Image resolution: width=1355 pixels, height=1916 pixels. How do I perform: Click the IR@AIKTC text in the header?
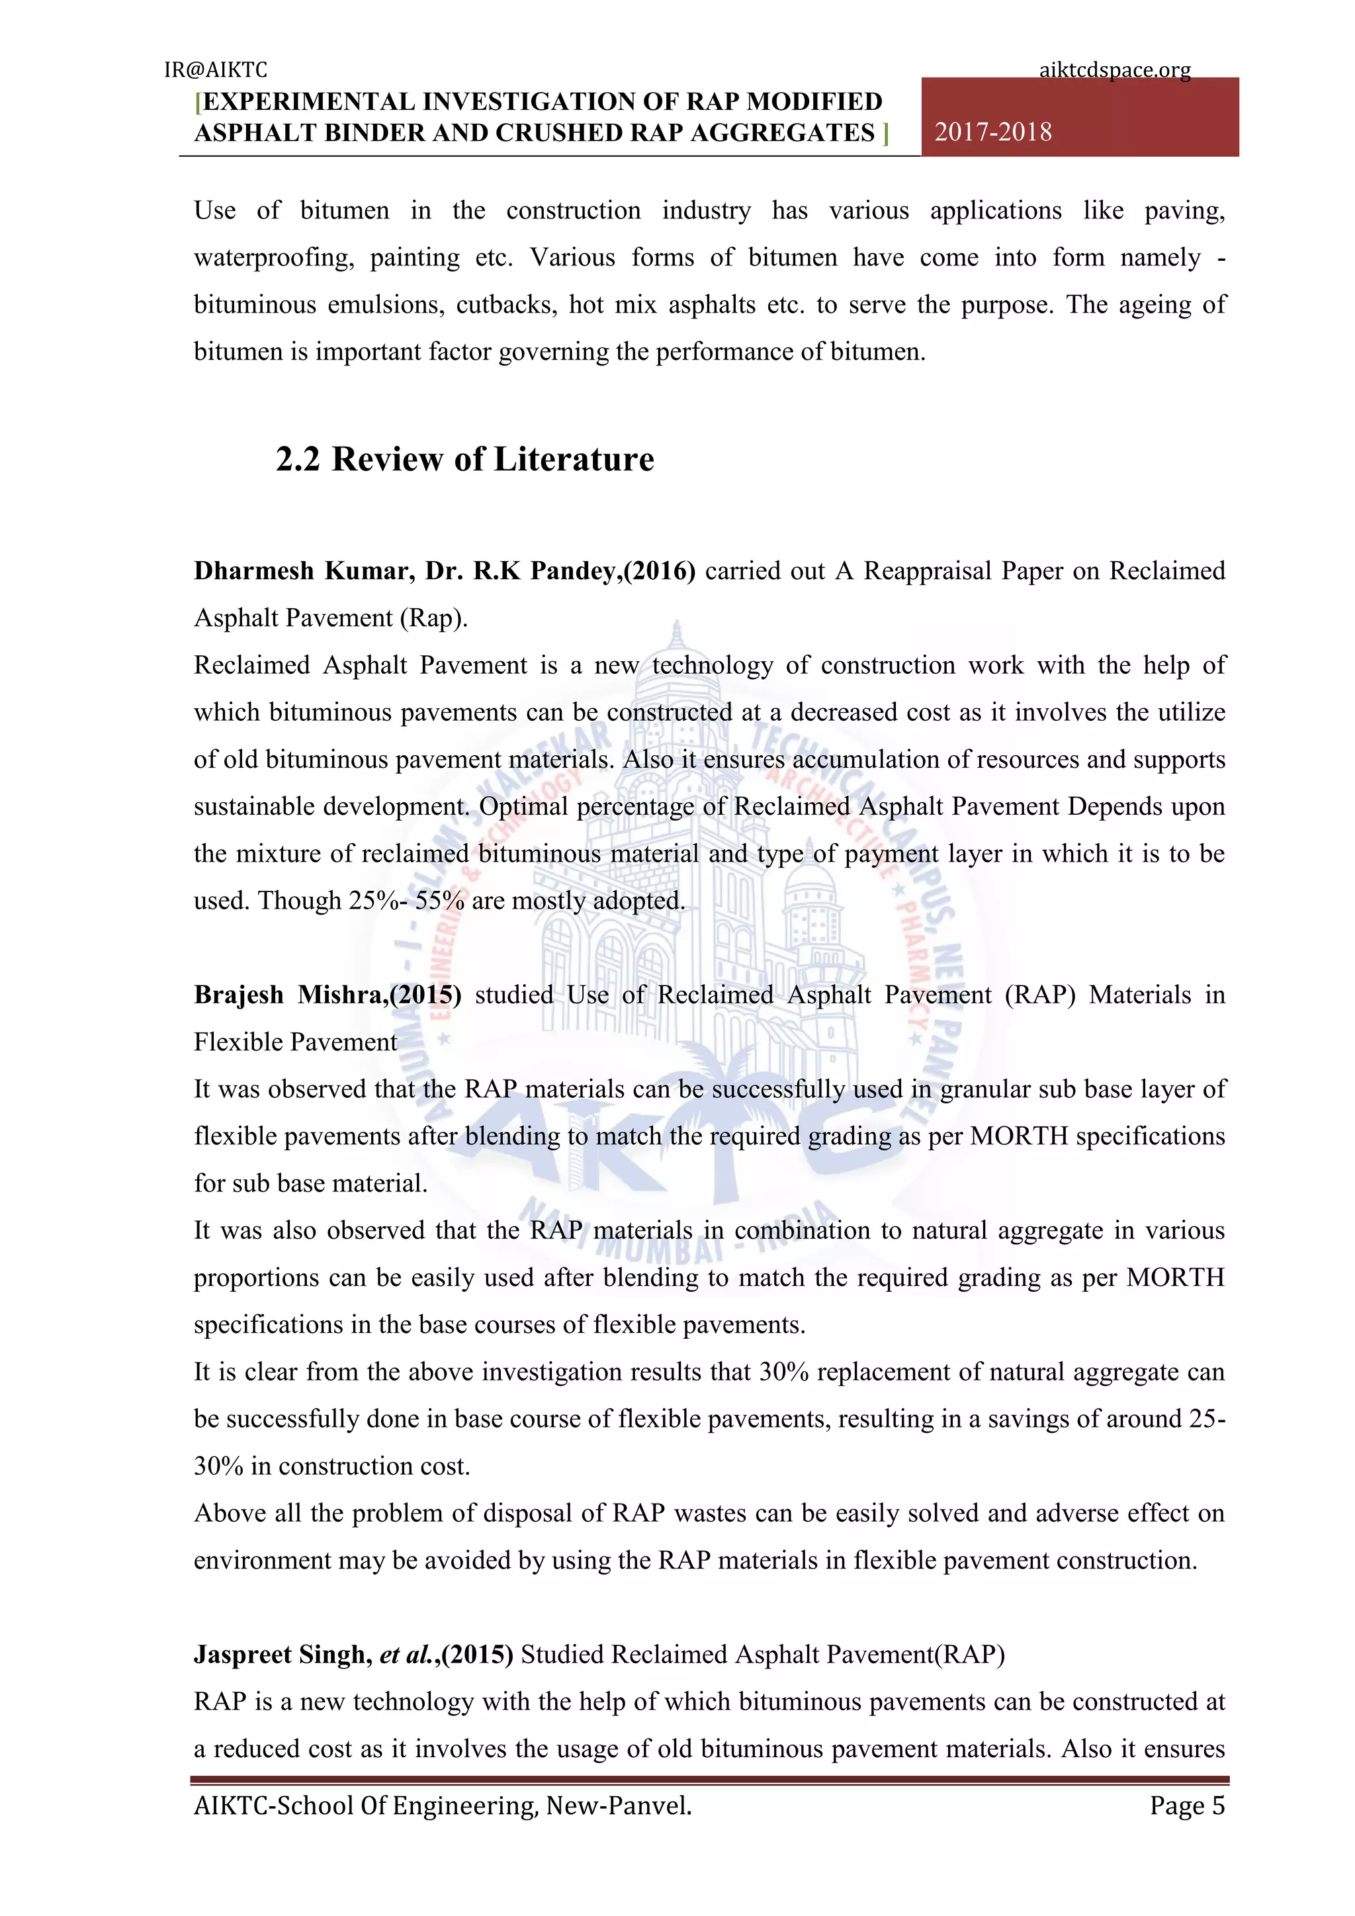point(215,70)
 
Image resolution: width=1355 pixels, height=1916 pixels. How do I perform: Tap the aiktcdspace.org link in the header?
point(1114,70)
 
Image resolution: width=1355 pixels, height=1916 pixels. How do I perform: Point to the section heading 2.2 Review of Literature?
point(464,459)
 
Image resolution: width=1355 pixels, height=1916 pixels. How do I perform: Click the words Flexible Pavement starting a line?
point(295,1042)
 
